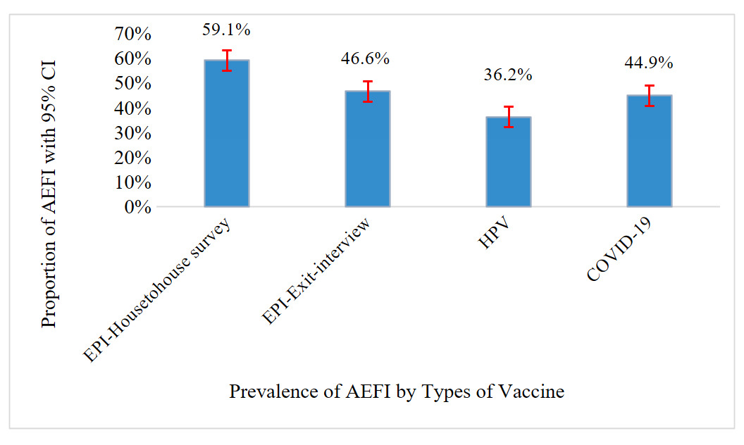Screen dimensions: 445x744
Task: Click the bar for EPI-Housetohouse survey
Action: (226, 134)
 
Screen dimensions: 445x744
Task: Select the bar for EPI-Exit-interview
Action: (367, 149)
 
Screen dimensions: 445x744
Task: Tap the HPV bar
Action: (508, 162)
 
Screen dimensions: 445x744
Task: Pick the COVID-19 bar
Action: (649, 151)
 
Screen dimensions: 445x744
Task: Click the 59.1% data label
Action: (226, 30)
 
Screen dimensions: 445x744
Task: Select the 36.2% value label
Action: (508, 75)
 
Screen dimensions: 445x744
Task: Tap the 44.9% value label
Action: (649, 63)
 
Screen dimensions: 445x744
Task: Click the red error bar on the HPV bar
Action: (508, 116)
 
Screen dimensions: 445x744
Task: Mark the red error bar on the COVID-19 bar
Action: (649, 95)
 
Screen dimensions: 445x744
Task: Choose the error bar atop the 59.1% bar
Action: (226, 61)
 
